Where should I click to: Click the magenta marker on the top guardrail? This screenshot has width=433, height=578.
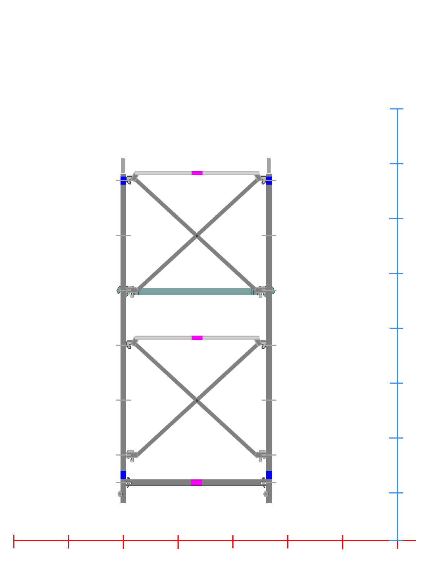[x=197, y=173]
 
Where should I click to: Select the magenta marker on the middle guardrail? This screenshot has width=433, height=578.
[x=197, y=338]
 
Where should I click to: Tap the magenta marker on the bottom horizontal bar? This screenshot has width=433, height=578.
[x=196, y=482]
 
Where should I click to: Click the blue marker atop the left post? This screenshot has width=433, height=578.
[x=123, y=180]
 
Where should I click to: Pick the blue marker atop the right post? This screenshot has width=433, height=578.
[x=269, y=180]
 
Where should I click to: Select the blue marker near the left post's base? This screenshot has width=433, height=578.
[x=123, y=475]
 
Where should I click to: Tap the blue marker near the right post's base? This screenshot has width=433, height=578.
[x=269, y=475]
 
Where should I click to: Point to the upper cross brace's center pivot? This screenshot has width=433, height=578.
[x=197, y=236]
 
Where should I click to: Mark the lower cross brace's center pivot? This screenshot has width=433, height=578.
[x=197, y=400]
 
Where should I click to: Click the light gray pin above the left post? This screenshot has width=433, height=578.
[x=123, y=165]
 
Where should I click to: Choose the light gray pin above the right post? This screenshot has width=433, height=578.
[x=269, y=165]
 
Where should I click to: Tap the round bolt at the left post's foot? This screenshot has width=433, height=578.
[x=120, y=494]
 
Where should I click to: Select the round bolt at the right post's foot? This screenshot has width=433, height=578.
[x=266, y=494]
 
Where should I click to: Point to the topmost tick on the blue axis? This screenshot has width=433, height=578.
[x=397, y=109]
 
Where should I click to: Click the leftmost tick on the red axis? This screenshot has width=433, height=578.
[x=14, y=541]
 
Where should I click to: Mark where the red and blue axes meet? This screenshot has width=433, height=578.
[x=397, y=541]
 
